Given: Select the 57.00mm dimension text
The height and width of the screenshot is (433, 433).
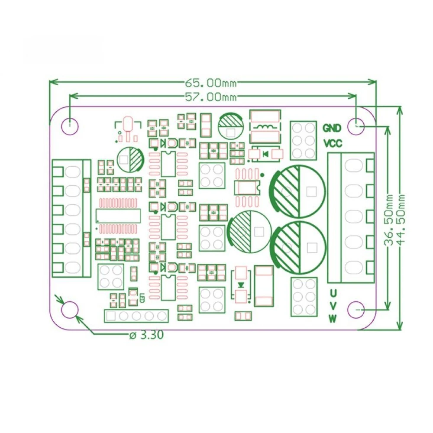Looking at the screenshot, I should coord(211,97).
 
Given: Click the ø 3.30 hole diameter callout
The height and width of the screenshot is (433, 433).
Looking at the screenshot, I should coord(146,335).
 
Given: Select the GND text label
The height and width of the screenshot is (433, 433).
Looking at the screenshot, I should coord(333,128).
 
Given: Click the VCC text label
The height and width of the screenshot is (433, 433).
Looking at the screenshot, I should coord(333,143).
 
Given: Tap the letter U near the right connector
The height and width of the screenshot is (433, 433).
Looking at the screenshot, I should coord(333,292).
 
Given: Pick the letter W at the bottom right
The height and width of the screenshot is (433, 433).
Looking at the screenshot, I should coord(333,319).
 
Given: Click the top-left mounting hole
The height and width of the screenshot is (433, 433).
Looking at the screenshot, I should coord(70,126).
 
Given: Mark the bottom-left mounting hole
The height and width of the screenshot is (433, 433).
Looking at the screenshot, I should coord(70,310).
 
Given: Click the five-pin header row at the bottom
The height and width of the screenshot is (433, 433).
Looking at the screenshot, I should coord(136,316).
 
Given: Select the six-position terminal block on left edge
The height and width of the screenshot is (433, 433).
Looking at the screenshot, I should coord(71,219).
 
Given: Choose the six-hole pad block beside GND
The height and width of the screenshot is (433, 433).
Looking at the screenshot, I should coord(304,140).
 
